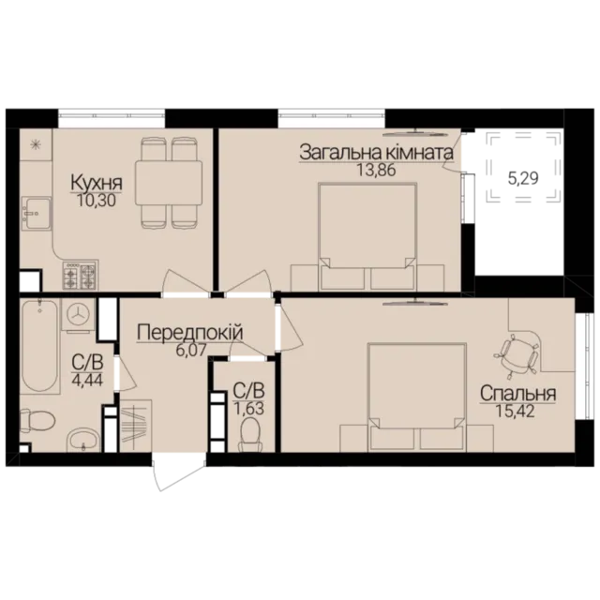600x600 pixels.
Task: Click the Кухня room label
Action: pos(97,183)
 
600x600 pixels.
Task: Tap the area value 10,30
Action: pos(97,201)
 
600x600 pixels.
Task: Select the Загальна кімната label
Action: pos(377,153)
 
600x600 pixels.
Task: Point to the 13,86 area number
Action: pos(376,170)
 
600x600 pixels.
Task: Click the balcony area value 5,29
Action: pos(523,178)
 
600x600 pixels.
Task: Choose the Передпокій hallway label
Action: pos(189,332)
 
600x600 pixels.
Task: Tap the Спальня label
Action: pos(517,393)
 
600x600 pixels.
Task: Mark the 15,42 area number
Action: pos(515,411)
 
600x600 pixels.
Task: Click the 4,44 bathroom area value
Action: pos(87,381)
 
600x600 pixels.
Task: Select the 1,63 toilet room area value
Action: pos(248,409)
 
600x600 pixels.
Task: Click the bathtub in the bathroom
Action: pos(39,346)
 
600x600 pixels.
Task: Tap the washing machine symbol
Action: pos(78,314)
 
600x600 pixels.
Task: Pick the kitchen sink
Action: pos(37,214)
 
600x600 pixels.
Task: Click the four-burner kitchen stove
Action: pos(80,275)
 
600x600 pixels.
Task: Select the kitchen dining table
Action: pos(169,184)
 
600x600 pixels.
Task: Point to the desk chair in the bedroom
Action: pos(517,352)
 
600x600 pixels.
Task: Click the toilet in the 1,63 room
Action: pos(249,435)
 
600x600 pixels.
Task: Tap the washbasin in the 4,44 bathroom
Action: pos(83,440)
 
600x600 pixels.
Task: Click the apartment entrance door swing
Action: pos(178,472)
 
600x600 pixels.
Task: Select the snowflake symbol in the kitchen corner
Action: pos(36,144)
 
